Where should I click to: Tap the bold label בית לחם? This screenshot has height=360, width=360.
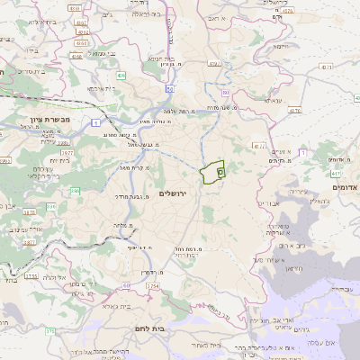click(146, 329)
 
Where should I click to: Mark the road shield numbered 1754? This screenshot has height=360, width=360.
click(152, 286)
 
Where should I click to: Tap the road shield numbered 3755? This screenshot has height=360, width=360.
click(31, 276)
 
